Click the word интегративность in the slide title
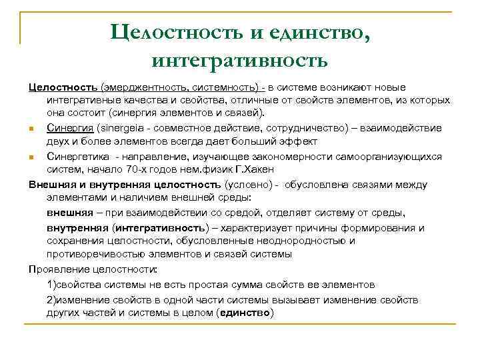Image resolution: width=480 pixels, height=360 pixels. coord(239,61)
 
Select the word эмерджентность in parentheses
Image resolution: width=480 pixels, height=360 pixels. coord(143,87)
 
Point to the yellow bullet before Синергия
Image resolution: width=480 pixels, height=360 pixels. coord(31,128)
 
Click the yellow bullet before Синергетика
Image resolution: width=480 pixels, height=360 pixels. coord(31,157)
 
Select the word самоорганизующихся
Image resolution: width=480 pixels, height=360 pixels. coord(394,156)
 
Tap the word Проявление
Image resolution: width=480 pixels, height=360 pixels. coord(59,269)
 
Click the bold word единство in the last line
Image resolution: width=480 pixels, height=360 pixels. coord(247,313)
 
